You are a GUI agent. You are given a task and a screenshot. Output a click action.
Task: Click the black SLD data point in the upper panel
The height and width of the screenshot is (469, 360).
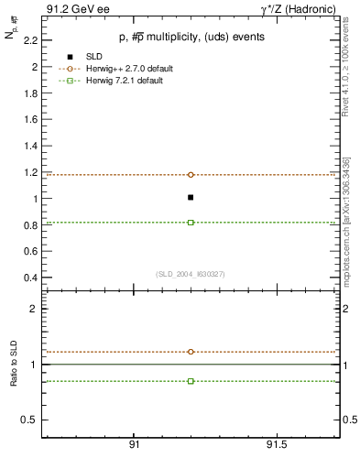tap(191, 197)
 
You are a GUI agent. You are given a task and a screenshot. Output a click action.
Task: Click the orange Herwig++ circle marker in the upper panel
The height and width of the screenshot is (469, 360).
tap(191, 174)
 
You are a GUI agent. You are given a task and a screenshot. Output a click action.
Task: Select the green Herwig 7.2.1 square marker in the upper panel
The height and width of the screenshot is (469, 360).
tap(191, 222)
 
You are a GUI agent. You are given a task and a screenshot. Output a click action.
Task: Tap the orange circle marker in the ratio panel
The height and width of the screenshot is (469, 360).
tap(191, 352)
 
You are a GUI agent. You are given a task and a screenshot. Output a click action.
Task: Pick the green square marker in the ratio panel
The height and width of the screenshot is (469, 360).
tap(191, 380)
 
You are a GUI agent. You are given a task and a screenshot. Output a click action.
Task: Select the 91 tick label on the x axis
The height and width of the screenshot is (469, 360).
tap(134, 445)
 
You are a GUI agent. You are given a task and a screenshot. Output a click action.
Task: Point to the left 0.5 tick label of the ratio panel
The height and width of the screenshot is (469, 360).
tap(29, 420)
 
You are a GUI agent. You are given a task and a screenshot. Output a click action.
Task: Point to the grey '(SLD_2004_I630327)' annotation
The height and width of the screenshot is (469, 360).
tap(191, 274)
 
